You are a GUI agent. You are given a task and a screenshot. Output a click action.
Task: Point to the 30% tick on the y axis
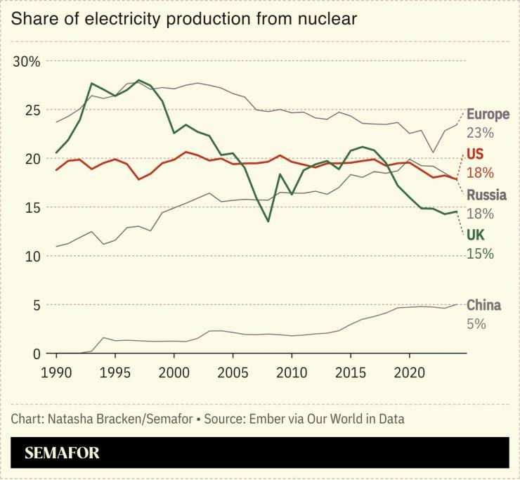[x=27, y=62]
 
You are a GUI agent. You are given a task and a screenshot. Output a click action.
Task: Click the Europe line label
[x=488, y=115]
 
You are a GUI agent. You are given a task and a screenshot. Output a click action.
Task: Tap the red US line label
[x=476, y=155]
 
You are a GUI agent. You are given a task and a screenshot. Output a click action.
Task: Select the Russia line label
[x=486, y=195]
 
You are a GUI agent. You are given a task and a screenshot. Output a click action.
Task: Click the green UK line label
[x=476, y=235]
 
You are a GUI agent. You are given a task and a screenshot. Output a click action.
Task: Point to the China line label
[x=483, y=305]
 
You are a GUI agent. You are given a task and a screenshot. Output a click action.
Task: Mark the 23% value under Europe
[x=481, y=133]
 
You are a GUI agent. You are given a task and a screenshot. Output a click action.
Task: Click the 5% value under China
[x=476, y=323]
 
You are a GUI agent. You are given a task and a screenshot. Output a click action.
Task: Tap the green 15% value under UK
[x=481, y=254]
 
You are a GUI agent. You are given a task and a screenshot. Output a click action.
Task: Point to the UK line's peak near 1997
[x=138, y=80]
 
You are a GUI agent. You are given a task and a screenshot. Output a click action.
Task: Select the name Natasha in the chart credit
[x=70, y=420]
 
